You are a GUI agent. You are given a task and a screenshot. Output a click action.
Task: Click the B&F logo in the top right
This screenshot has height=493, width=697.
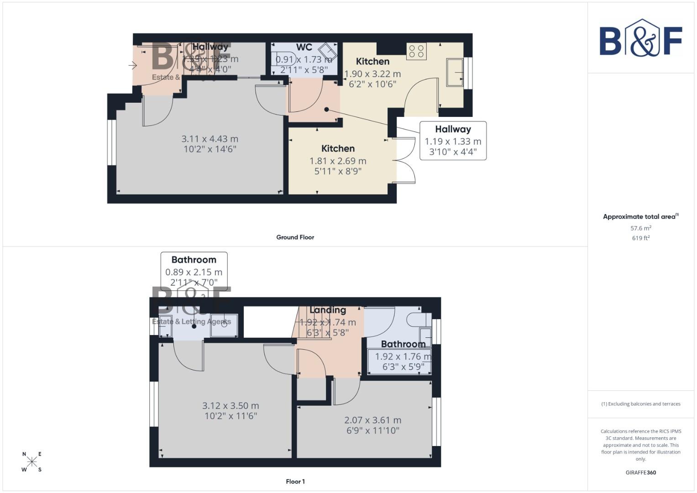640,38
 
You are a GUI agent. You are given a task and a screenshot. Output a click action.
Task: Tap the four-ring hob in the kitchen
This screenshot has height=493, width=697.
416,51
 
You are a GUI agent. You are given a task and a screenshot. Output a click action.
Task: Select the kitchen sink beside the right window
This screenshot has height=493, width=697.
454,72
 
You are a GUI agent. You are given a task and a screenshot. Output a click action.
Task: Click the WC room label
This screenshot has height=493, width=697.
304,47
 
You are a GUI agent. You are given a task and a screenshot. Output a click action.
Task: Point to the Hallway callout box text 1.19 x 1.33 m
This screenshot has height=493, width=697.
453,142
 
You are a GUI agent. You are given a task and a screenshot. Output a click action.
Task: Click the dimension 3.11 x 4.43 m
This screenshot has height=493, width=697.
210,139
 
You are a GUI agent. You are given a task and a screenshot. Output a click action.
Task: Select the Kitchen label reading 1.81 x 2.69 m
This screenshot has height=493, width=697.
338,161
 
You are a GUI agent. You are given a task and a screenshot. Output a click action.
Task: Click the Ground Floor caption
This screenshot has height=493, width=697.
295,237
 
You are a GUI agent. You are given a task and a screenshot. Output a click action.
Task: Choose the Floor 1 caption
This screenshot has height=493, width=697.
295,482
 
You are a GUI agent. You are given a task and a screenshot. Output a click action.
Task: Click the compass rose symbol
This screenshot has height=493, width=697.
31,462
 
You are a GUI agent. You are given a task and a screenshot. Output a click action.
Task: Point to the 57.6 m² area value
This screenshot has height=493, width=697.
640,228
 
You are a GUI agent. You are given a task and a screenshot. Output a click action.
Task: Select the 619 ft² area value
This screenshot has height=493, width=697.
640,238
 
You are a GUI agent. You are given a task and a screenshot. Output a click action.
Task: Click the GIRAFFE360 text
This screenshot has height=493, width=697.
640,472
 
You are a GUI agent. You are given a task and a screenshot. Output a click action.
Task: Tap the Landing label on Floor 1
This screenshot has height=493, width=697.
327,310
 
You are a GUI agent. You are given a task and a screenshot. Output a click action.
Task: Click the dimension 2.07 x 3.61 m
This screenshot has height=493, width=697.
372,420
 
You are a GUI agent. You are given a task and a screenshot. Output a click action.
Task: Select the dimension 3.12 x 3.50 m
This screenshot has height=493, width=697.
231,406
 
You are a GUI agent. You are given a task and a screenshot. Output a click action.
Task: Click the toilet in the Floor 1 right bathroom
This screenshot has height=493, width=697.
417,319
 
